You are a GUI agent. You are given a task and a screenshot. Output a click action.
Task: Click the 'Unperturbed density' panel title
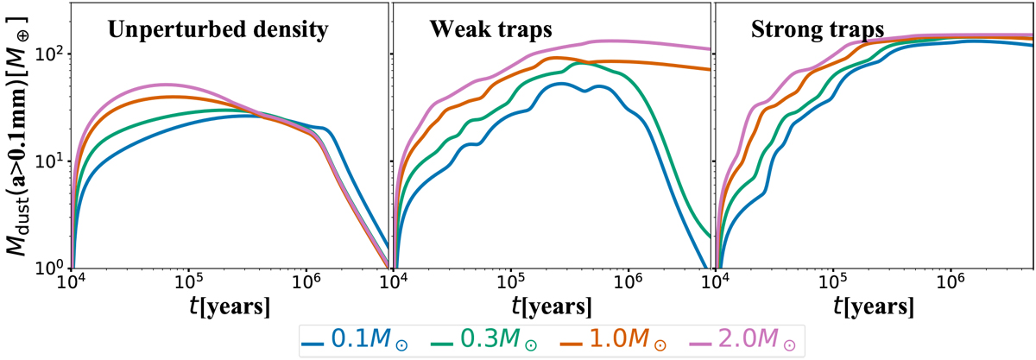tap(218, 32)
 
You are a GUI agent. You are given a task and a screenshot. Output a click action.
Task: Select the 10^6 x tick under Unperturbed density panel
tap(306, 283)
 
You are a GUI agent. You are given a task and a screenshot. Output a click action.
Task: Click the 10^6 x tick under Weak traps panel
tap(629, 283)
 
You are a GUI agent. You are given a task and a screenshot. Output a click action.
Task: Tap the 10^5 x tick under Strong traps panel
tap(832, 283)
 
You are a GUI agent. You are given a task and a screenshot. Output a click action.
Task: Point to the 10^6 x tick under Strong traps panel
tap(950, 283)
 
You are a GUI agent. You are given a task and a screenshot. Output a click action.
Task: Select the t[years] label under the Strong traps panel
tap(874, 306)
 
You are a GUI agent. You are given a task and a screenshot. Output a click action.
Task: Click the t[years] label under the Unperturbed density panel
tap(230, 306)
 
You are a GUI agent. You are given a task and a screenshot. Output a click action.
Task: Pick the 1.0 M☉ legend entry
tap(584, 338)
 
